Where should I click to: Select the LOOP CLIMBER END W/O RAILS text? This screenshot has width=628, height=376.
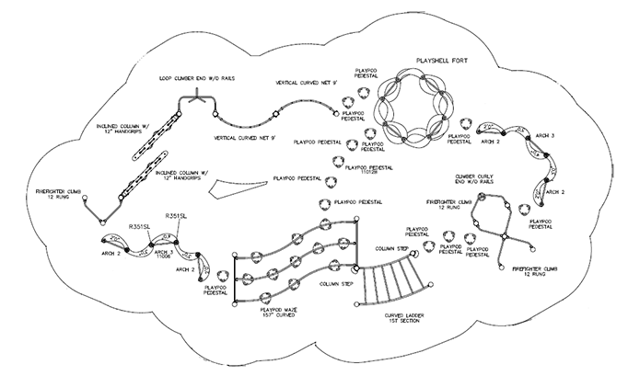point(196,79)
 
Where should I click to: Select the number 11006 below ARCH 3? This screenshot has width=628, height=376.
point(165,260)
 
